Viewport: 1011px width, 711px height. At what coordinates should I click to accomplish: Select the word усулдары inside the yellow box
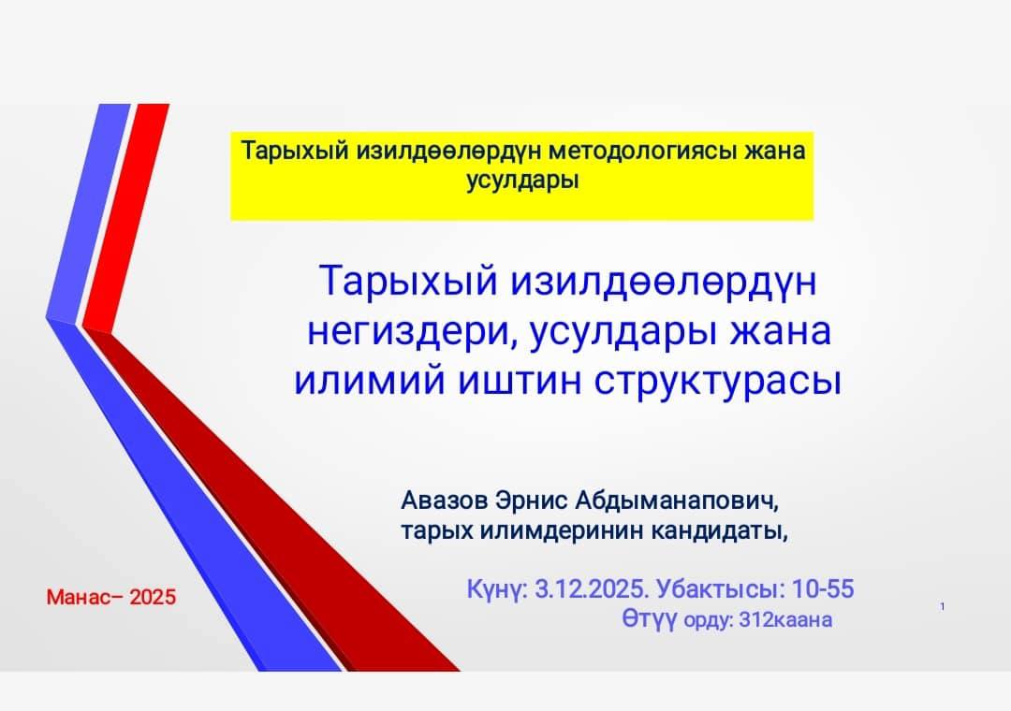[522, 180]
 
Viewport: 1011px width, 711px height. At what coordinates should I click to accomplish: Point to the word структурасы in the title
[717, 381]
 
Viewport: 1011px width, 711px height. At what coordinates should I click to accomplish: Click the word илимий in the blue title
[369, 381]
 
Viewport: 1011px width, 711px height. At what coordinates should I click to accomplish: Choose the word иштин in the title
[519, 381]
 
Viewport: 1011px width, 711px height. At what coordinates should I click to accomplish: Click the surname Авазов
[445, 501]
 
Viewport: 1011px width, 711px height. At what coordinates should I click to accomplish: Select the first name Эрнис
[532, 501]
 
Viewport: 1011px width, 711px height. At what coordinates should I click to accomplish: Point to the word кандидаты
[718, 531]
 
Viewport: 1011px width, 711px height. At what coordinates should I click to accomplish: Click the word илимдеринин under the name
[554, 531]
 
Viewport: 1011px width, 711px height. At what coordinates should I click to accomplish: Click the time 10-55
[823, 589]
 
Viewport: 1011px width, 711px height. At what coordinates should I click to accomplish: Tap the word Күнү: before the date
[498, 589]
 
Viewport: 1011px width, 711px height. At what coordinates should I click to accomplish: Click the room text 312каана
[785, 620]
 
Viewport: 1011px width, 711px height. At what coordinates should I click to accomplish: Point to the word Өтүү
[650, 618]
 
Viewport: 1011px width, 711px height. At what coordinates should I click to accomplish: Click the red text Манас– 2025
[110, 597]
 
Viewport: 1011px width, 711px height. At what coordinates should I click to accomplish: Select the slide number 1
[943, 606]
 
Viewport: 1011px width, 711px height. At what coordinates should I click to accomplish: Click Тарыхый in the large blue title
[408, 283]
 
